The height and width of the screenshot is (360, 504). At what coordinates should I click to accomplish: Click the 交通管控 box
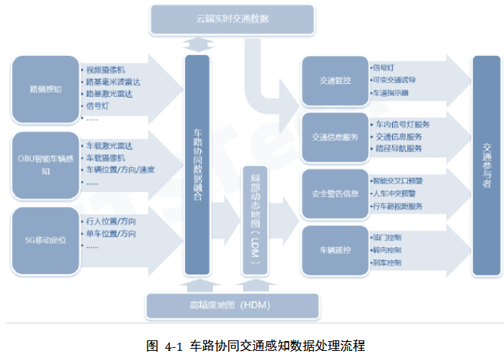pyautogui.click(x=335, y=80)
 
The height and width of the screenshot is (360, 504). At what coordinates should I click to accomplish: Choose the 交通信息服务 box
pyautogui.click(x=335, y=137)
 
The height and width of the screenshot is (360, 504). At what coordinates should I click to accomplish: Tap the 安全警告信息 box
pyautogui.click(x=335, y=193)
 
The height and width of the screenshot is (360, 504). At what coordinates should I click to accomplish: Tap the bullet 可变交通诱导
pyautogui.click(x=394, y=79)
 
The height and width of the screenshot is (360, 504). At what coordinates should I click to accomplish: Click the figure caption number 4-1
pyautogui.click(x=174, y=346)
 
